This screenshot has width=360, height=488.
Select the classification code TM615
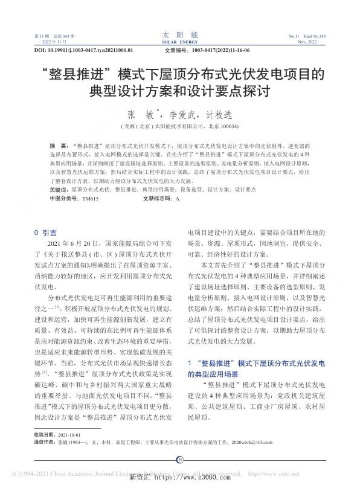pyautogui.click(x=89, y=198)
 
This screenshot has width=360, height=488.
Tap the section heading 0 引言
pyautogui.click(x=46, y=232)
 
